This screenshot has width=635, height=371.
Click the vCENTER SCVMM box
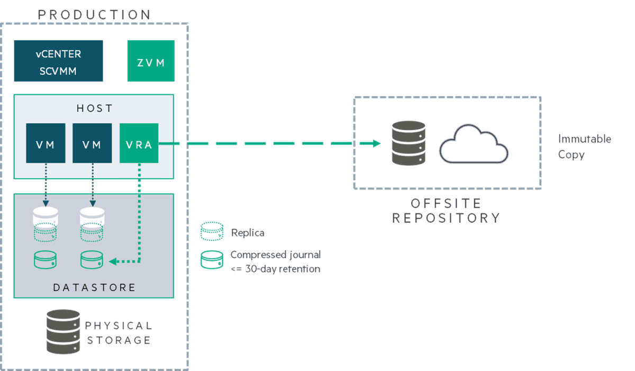tap(58, 61)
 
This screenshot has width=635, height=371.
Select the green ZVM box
tap(151, 62)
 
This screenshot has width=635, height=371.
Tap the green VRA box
tap(139, 143)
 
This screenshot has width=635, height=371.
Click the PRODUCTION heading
tap(94, 14)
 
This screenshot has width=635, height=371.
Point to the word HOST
tap(94, 108)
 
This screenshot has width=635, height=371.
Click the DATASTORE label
tap(94, 287)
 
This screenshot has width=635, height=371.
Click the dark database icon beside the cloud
tap(407, 143)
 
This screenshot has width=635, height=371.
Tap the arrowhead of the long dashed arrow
tap(377, 143)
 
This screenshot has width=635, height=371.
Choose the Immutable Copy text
tap(584, 147)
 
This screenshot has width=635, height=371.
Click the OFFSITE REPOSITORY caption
tap(446, 211)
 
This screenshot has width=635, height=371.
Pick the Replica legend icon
tap(212, 232)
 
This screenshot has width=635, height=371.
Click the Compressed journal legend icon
tap(212, 260)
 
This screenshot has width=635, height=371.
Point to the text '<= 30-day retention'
tap(275, 269)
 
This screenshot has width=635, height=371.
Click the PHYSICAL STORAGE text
tap(119, 332)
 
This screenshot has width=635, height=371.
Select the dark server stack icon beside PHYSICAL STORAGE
tap(59, 331)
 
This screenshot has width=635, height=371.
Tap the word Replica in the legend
tap(248, 232)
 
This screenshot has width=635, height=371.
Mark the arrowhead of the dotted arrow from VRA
tap(112, 261)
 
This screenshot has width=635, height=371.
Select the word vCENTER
tap(59, 54)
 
